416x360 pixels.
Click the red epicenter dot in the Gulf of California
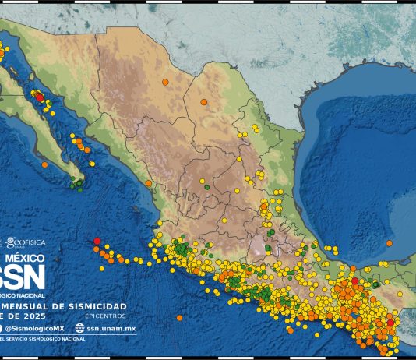click(x=39, y=97)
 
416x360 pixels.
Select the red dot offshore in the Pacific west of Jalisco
click(x=97, y=241)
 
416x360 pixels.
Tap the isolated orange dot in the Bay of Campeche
click(x=390, y=243)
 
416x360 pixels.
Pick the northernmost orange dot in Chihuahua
click(x=165, y=82)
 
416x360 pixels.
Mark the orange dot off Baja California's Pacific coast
click(x=44, y=164)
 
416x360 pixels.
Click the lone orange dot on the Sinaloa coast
click(x=148, y=184)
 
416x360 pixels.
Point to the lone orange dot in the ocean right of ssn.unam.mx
click(x=179, y=317)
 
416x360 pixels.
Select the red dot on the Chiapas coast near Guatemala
click(x=390, y=322)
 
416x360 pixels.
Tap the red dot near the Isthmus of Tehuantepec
click(x=354, y=281)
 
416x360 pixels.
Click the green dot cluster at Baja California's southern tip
click(x=77, y=184)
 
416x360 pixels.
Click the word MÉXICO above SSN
click(x=25, y=257)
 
